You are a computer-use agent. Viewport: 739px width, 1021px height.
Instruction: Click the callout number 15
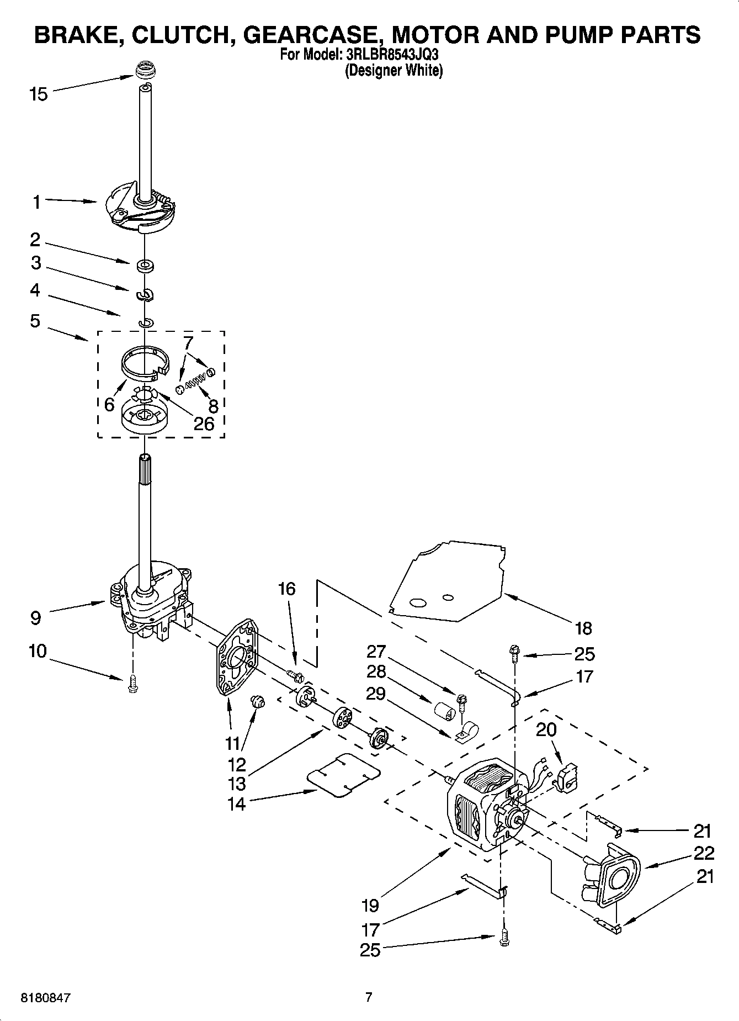point(38,94)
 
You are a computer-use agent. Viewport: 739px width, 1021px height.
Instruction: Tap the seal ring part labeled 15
point(145,72)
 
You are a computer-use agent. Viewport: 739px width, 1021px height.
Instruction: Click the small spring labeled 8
point(195,379)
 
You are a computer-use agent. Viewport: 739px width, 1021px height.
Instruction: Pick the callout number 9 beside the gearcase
point(35,617)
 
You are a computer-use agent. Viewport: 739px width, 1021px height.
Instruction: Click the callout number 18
point(583,628)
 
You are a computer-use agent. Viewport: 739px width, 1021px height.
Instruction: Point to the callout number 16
point(286,589)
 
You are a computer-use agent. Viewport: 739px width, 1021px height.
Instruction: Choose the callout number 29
point(375,693)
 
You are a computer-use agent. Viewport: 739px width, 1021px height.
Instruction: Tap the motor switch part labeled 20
point(566,777)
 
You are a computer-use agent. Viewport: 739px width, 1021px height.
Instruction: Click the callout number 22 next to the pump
point(703,853)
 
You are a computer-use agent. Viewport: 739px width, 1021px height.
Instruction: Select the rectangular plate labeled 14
point(343,775)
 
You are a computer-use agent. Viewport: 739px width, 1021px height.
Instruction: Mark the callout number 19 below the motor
point(370,905)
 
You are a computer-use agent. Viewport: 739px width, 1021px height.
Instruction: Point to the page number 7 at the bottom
point(369,997)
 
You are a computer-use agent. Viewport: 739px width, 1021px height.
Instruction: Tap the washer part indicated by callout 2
point(145,266)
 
